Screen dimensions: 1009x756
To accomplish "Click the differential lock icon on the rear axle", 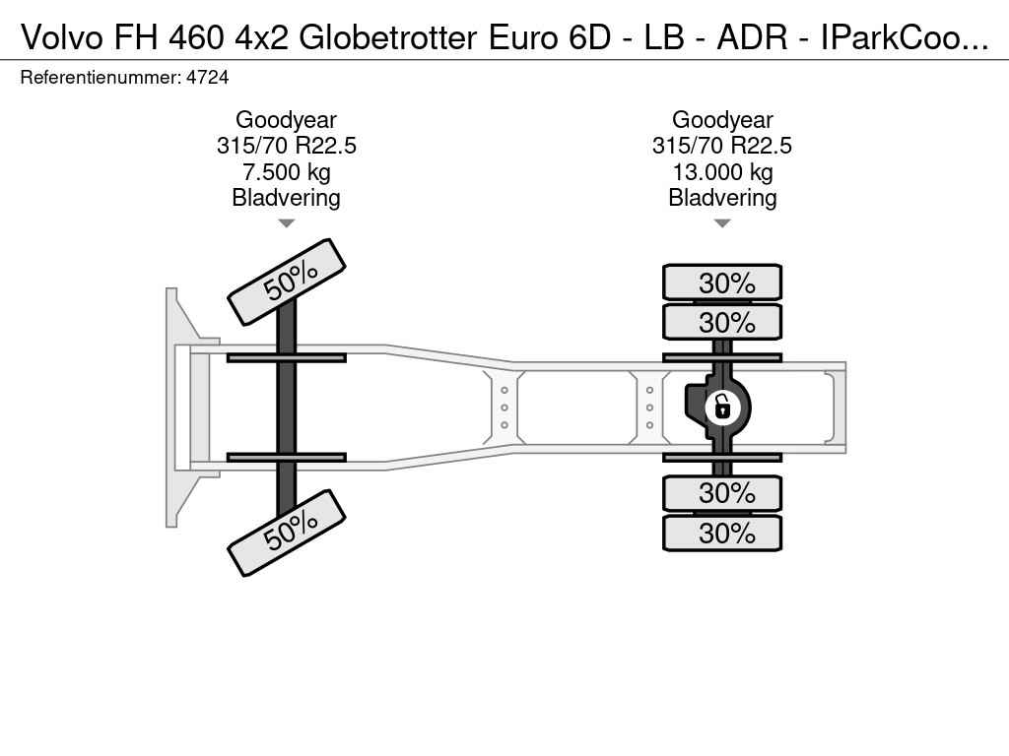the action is [x=722, y=407].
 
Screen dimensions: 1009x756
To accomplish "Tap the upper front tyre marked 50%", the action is [x=287, y=282].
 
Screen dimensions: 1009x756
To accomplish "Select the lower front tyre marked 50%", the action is [x=287, y=533].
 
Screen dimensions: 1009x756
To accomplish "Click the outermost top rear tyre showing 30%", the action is [x=722, y=283].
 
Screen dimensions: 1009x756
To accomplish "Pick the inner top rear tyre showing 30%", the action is [x=722, y=322].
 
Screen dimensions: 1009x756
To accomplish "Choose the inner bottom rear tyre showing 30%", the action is [x=722, y=493].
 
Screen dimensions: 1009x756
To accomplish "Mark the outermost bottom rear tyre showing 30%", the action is [x=722, y=533].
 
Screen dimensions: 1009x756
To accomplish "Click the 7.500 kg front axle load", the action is [x=287, y=172].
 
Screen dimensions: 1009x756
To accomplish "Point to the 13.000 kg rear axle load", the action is [x=722, y=172].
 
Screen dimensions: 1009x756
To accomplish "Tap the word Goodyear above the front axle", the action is [x=287, y=119].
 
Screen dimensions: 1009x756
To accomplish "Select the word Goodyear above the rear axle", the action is [x=722, y=119].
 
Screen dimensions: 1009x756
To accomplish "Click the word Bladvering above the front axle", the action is [x=287, y=197].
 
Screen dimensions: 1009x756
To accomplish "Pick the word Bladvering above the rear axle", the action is [x=722, y=197].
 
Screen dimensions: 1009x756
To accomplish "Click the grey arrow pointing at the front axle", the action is [x=287, y=223].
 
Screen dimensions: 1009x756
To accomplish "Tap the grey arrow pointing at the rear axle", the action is [x=722, y=223].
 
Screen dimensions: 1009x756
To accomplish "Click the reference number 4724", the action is [x=207, y=78].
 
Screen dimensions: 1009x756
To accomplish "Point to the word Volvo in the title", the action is [x=62, y=38].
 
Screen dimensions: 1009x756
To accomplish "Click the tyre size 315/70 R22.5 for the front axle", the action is [x=287, y=146].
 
